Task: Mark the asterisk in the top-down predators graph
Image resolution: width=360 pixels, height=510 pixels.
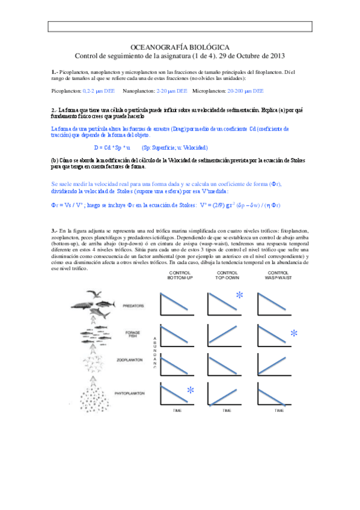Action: click(x=240, y=295)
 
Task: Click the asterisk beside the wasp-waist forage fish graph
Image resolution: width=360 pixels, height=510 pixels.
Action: click(x=294, y=334)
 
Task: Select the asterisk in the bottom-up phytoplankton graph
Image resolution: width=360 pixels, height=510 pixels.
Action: click(x=190, y=391)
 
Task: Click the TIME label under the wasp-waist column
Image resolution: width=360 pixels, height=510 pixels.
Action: click(x=279, y=410)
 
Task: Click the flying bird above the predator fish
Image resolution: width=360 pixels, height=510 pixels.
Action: click(x=94, y=294)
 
